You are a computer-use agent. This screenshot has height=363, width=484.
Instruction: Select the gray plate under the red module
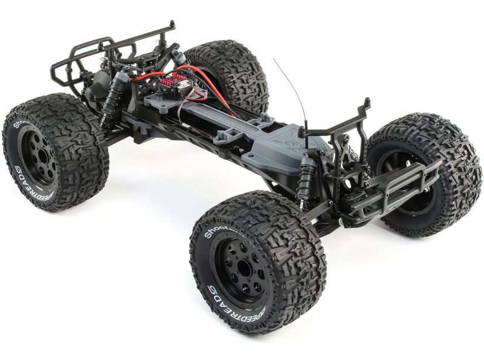click(x=163, y=100)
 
